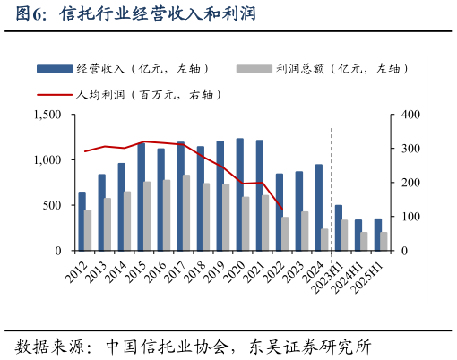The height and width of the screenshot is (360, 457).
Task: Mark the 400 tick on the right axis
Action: tap(408, 115)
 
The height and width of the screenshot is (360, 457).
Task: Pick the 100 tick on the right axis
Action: tap(408, 217)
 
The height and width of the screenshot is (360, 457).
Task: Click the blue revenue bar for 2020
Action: tap(239, 194)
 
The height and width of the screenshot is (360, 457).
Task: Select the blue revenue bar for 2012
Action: tap(82, 221)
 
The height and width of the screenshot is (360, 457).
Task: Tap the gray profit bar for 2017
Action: tap(186, 212)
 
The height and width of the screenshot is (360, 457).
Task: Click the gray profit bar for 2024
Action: tap(324, 239)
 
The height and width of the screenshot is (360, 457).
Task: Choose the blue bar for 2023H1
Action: tap(338, 227)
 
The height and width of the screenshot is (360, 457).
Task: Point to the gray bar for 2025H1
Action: tap(384, 241)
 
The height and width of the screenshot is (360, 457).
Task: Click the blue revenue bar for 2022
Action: tap(279, 212)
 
